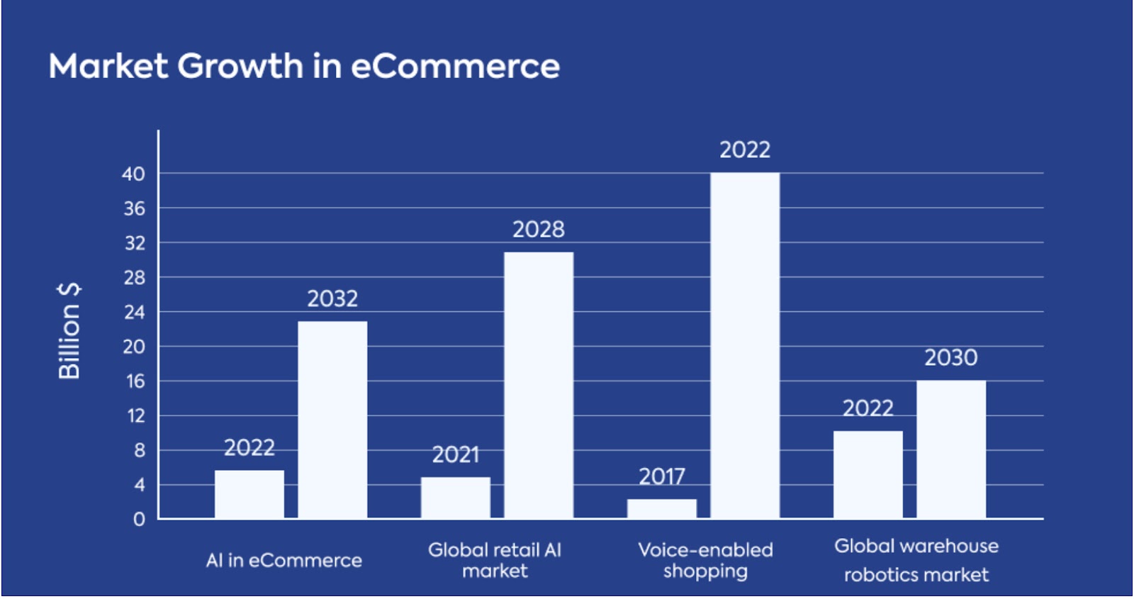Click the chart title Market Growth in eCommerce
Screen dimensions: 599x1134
coord(304,67)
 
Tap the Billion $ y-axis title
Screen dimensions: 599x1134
coord(69,330)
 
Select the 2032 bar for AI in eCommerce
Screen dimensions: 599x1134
coord(332,420)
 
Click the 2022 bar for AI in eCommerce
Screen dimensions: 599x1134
coord(249,494)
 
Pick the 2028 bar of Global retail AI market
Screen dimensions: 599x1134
coord(539,385)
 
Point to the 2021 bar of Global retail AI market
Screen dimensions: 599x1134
coord(455,498)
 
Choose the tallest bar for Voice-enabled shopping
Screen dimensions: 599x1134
coord(745,345)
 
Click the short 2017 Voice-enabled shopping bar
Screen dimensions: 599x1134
coord(662,508)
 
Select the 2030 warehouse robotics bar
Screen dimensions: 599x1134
coord(951,449)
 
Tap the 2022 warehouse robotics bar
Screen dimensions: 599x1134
coord(868,474)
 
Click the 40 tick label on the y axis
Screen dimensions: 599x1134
coord(133,174)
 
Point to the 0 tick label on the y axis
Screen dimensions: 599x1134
coord(139,520)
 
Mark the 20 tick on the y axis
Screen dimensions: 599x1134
coord(133,347)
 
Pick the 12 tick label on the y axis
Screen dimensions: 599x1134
coord(135,416)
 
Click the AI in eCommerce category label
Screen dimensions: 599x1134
coord(283,561)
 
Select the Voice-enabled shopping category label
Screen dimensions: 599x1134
coord(705,560)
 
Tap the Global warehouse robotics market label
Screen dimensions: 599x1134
coord(916,560)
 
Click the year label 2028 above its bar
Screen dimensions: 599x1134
coord(539,230)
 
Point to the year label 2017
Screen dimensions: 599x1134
coord(662,476)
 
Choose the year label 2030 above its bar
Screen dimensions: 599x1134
coord(951,358)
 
